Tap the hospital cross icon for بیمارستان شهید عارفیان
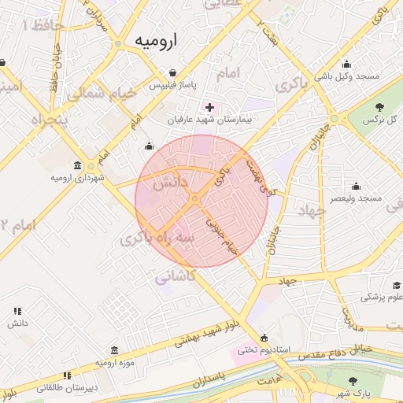click(209, 107)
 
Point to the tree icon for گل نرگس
click(380, 107)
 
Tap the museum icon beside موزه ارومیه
click(115, 349)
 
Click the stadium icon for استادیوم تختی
click(264, 336)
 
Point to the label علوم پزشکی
click(382, 298)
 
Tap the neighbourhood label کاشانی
click(173, 276)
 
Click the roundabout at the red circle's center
click(194, 199)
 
